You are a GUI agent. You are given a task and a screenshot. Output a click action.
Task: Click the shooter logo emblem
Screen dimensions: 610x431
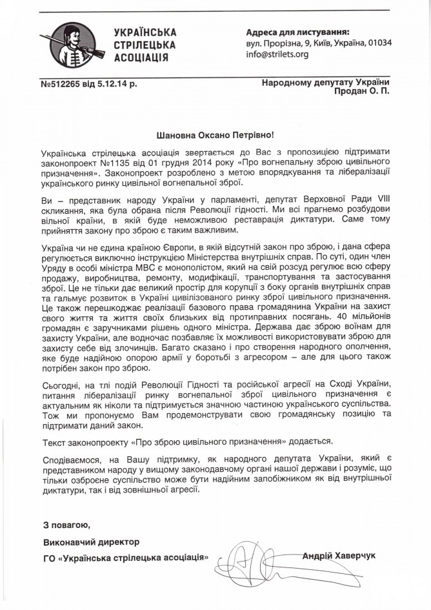[76, 43]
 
